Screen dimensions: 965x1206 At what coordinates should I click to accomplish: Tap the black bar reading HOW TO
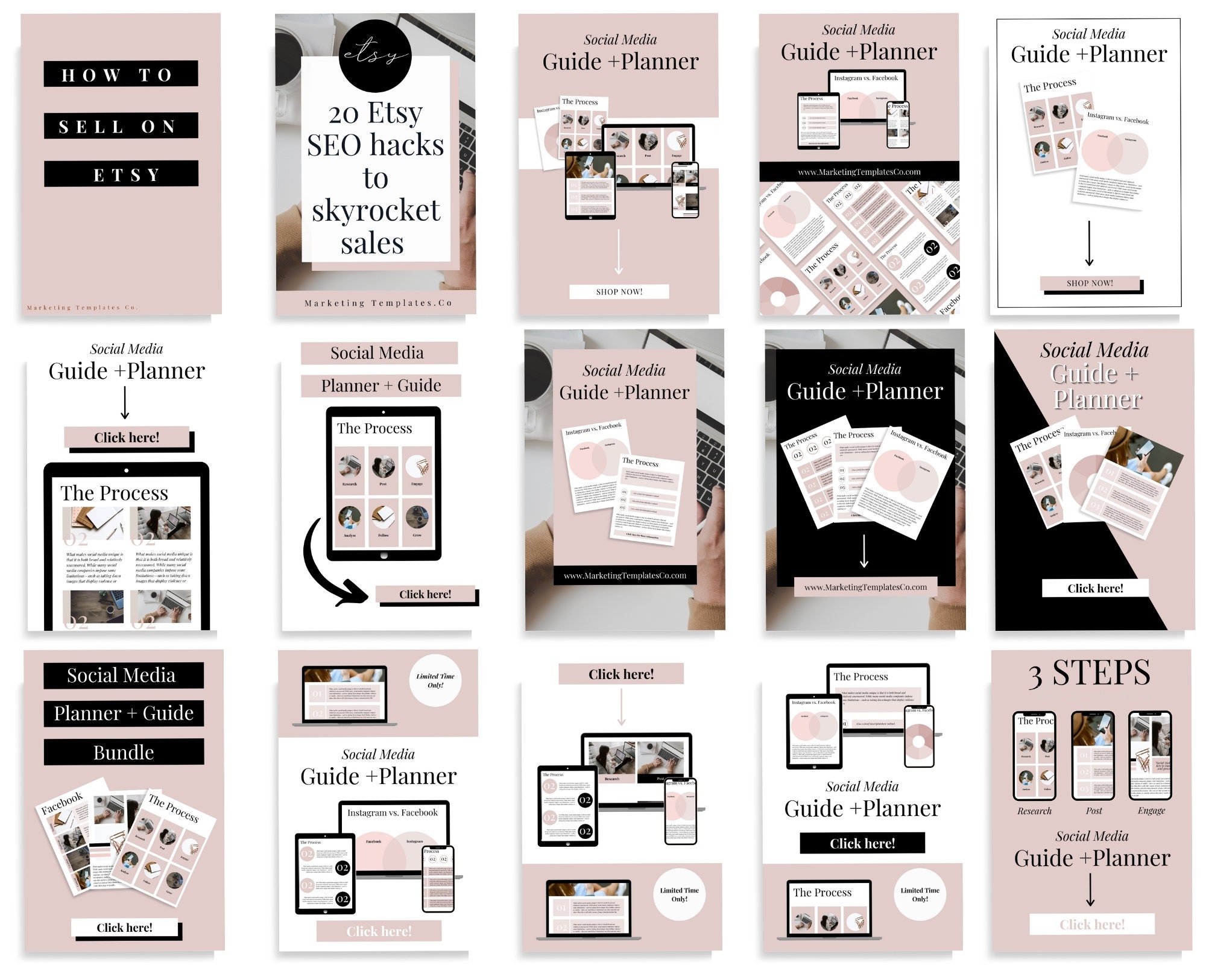(121, 74)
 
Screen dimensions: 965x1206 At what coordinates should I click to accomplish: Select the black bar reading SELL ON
(121, 126)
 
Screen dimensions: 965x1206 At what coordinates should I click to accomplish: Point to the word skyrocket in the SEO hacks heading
(376, 210)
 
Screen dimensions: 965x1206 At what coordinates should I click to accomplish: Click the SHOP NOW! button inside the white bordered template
(1090, 283)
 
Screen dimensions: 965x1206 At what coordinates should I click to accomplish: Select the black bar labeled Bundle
(124, 753)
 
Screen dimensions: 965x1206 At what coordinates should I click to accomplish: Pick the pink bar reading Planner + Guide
(380, 385)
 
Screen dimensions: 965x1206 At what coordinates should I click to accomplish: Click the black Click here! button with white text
(862, 843)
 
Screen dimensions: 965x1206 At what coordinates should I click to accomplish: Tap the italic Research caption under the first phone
(1034, 811)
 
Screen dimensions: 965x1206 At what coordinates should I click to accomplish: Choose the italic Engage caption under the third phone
(1151, 811)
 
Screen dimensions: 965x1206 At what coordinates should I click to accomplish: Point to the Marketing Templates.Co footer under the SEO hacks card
(378, 303)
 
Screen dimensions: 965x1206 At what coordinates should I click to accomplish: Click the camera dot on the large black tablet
(126, 470)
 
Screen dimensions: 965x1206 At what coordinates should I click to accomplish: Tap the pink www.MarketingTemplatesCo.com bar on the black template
(865, 587)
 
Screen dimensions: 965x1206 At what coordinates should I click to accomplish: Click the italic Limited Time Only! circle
(435, 680)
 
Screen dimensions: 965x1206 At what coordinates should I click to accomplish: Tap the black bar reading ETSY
(121, 175)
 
